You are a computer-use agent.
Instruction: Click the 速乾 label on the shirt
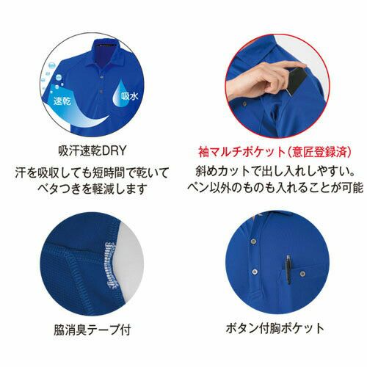[x=62, y=101]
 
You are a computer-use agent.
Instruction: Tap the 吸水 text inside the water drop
[x=129, y=95]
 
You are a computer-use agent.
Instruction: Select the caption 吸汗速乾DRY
[x=92, y=151]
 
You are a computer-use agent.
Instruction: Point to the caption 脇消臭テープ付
[x=92, y=330]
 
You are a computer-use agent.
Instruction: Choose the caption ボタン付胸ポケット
[x=275, y=328]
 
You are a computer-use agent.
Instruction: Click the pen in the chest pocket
[x=288, y=269]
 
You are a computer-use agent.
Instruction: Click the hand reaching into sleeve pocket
[x=264, y=79]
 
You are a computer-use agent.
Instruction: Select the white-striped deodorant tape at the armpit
[x=111, y=265]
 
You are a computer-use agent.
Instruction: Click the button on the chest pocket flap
[x=302, y=273]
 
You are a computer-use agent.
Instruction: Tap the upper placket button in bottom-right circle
[x=253, y=241]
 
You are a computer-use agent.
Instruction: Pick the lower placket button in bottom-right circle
[x=255, y=272]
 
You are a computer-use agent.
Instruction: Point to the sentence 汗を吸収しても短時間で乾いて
[x=92, y=172]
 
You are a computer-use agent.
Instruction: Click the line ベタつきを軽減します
[x=92, y=189]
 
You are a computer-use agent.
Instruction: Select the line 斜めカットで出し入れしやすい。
[x=275, y=171]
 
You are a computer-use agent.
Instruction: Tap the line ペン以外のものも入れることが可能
[x=275, y=187]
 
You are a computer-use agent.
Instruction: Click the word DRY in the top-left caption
[x=114, y=151]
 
